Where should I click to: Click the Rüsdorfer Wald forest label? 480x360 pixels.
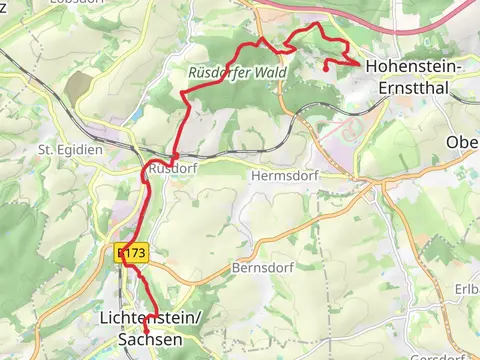point(237,73)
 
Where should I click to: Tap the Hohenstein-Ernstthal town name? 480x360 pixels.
point(413,76)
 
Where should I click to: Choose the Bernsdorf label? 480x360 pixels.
point(260,268)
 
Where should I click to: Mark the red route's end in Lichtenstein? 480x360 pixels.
point(146,330)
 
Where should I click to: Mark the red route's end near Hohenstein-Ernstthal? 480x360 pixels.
point(327,69)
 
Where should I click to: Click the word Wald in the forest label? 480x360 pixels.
point(270,73)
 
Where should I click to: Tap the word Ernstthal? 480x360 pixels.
point(413,86)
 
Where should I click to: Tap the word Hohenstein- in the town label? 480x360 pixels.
point(413,66)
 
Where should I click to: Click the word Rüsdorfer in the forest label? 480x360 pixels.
point(220,73)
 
